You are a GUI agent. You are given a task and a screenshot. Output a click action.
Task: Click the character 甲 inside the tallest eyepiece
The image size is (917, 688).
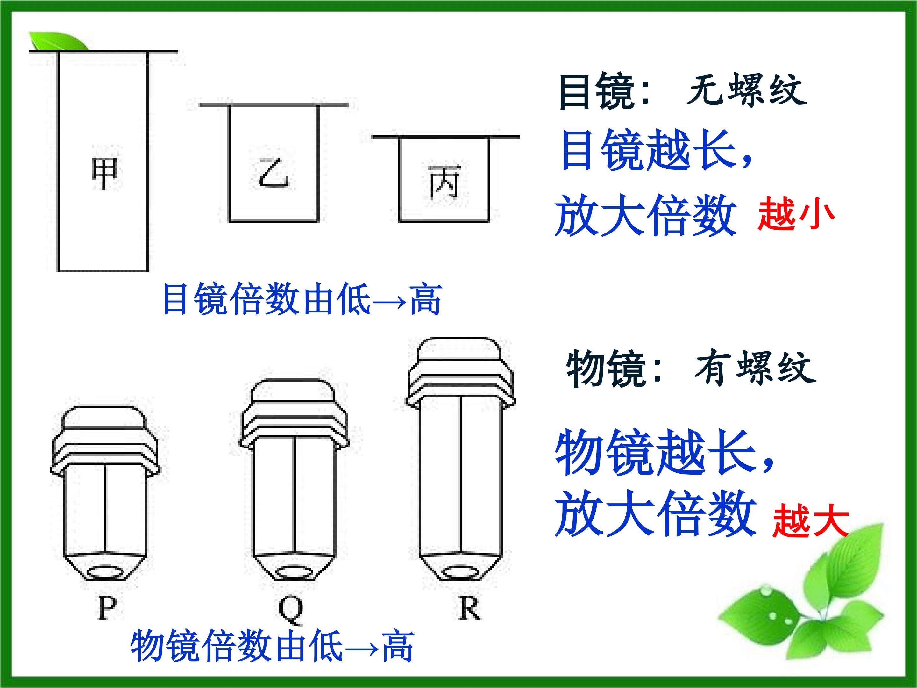click(104, 173)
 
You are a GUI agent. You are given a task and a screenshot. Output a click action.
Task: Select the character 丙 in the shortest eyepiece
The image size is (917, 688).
click(444, 182)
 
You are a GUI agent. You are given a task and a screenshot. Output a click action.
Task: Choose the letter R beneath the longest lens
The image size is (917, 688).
click(470, 608)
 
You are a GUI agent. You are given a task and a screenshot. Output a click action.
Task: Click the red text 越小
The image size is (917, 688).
click(796, 214)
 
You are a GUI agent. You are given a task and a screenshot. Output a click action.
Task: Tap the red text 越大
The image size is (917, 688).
click(810, 522)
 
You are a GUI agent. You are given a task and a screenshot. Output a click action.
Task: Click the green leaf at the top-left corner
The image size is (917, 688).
click(58, 41)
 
